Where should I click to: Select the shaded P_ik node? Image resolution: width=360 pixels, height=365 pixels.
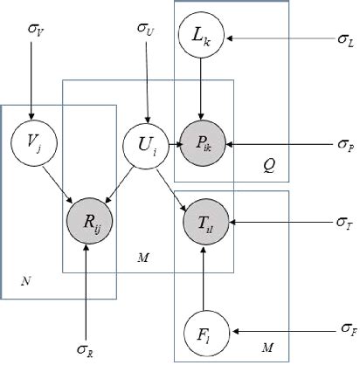click(203, 141)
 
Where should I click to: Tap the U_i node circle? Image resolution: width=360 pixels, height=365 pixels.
click(147, 141)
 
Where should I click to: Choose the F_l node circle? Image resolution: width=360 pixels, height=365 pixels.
click(203, 331)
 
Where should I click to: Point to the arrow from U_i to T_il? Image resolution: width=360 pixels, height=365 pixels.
click(173, 179)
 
